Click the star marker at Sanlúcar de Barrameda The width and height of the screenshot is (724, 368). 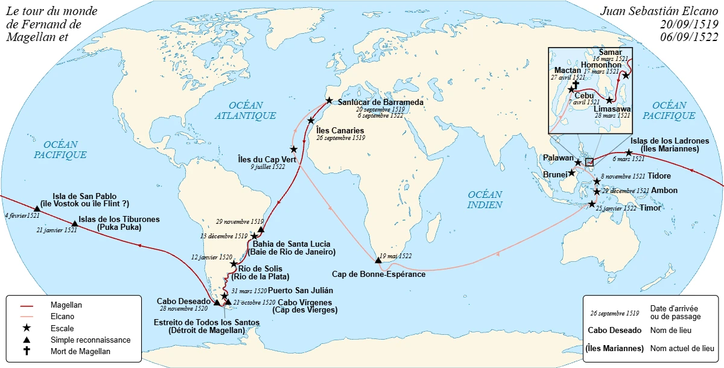coord(329,100)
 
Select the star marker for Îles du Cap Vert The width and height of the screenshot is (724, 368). coord(294,149)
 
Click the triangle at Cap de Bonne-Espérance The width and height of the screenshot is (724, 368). coord(378,261)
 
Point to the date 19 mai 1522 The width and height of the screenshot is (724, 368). coord(395,256)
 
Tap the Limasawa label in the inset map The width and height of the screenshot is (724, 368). coord(612,108)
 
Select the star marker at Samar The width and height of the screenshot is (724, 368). coord(626,75)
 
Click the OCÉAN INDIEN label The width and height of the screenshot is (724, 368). coord(485,200)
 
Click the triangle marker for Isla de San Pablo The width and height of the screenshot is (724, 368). coord(37,208)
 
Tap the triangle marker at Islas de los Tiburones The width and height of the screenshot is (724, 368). coord(75,223)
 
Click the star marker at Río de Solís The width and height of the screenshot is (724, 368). coord(234,264)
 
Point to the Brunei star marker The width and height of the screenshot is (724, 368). coord(571,173)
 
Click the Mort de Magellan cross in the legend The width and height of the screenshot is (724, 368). coord(27,351)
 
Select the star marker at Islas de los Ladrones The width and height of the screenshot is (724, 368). coord(629,153)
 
